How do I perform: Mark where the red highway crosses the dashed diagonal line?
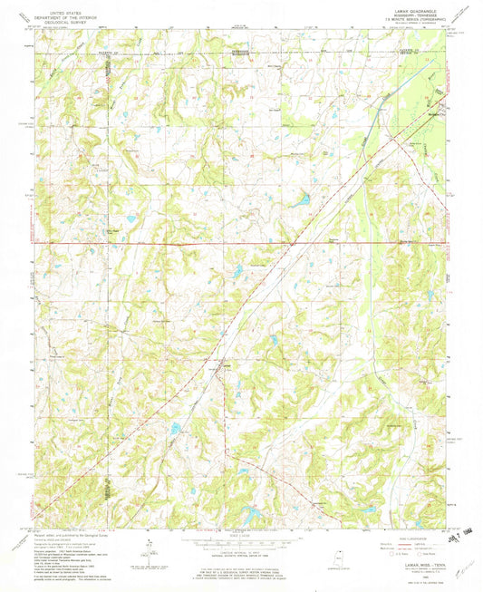[295, 243]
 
